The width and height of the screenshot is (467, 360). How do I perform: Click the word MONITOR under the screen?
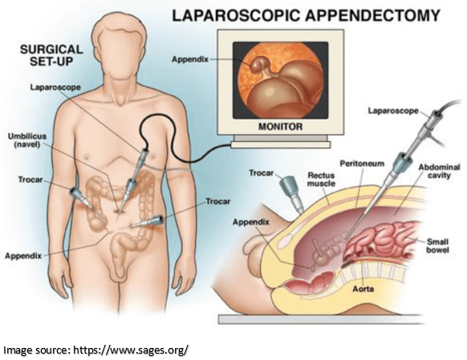[x=280, y=127]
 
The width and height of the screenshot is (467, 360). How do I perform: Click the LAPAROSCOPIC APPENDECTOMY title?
[x=307, y=15]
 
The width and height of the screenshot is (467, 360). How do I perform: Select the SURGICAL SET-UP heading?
[x=51, y=55]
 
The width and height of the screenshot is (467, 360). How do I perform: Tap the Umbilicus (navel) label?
[x=27, y=140]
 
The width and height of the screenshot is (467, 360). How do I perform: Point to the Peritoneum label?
[x=362, y=164]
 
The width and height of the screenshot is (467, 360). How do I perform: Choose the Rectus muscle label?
[x=321, y=180]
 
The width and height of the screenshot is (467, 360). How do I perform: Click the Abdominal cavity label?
[x=439, y=171]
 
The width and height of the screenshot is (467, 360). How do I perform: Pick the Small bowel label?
[x=437, y=246]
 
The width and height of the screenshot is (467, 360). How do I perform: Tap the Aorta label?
[x=363, y=289]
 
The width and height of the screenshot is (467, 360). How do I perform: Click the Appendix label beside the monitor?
[x=190, y=59]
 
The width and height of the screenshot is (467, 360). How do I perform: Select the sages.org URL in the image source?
[x=131, y=350]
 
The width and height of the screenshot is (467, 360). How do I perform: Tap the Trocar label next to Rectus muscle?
[x=262, y=173]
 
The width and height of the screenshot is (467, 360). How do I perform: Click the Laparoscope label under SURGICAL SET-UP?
[x=55, y=87]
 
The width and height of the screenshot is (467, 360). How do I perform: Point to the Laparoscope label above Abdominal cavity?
[x=393, y=111]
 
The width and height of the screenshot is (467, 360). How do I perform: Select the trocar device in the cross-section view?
[x=291, y=193]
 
